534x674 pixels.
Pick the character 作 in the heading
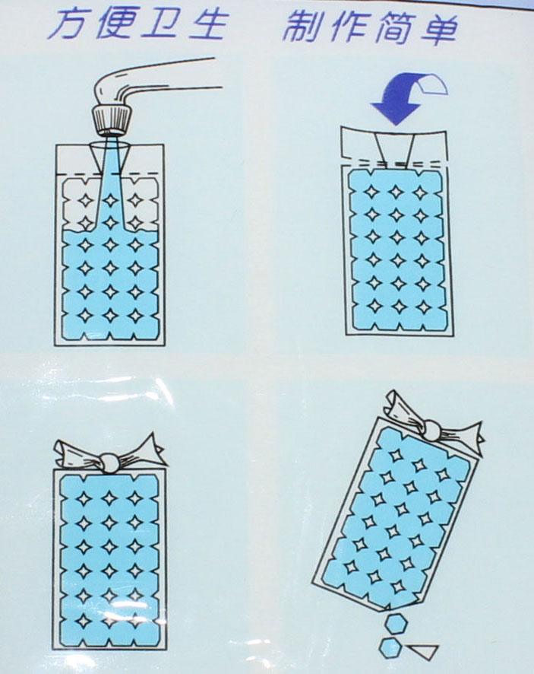[x=348, y=27]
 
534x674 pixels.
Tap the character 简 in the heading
[x=393, y=28]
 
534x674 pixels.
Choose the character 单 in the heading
[x=438, y=29]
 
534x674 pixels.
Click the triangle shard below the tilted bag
[x=423, y=650]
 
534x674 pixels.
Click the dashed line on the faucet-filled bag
[x=110, y=173]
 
